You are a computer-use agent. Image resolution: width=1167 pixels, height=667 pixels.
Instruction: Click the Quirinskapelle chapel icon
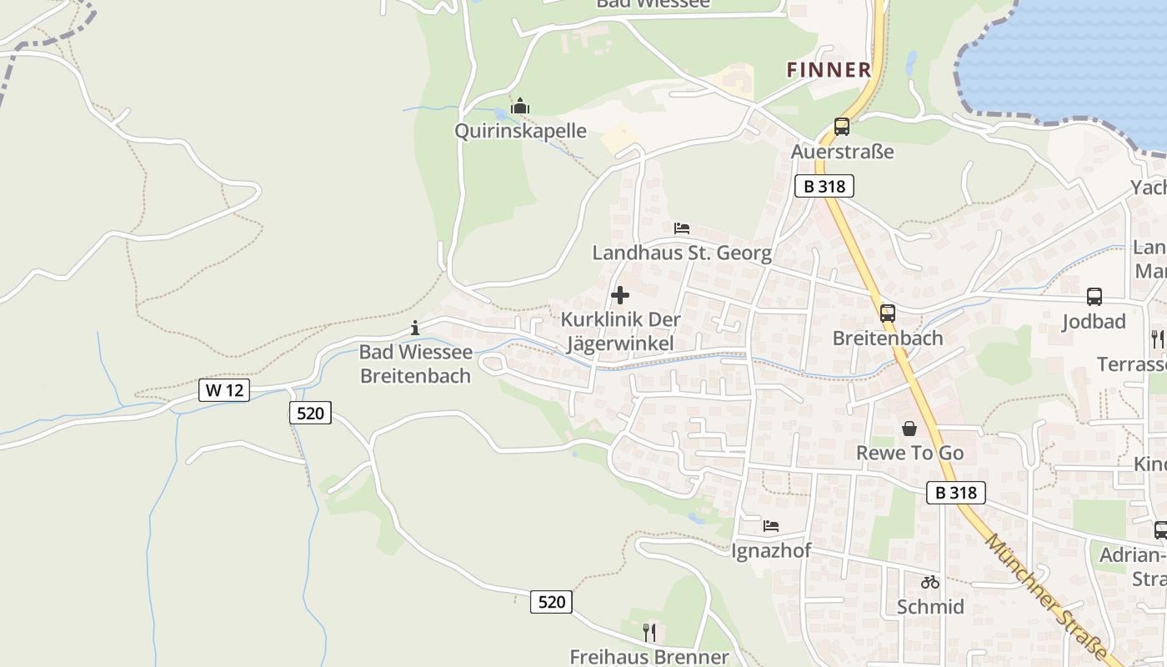[520, 107]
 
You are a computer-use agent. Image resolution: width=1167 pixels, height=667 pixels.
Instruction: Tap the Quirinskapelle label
[520, 131]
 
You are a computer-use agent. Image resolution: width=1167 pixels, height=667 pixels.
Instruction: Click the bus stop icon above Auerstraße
[842, 127]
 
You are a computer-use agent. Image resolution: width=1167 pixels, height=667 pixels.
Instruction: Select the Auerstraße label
[842, 152]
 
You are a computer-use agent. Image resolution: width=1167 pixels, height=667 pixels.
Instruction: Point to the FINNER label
[829, 70]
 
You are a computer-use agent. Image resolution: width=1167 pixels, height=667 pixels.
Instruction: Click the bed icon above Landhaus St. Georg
[682, 228]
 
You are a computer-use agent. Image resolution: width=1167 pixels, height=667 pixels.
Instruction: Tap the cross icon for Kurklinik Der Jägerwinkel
[620, 295]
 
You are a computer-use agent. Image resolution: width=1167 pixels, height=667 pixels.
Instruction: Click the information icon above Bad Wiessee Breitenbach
[415, 328]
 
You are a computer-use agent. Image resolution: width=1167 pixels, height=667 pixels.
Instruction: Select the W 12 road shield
[224, 389]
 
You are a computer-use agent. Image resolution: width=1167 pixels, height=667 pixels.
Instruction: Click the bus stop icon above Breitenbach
[888, 313]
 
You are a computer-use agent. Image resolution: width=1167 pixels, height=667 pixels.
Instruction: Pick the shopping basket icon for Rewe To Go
[909, 429]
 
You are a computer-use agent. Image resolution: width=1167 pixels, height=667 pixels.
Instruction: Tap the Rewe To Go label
[909, 453]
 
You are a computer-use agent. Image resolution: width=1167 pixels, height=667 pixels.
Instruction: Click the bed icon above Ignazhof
[771, 526]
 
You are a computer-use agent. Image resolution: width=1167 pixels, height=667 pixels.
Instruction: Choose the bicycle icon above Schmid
[930, 582]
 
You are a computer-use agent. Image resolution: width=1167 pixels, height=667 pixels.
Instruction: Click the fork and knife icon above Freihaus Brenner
[649, 633]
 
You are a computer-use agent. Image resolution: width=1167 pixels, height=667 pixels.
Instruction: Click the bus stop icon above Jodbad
[1094, 297]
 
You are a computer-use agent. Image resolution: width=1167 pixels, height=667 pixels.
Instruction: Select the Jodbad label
[1094, 322]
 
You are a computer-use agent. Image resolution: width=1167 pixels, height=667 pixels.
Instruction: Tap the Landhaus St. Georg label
[682, 253]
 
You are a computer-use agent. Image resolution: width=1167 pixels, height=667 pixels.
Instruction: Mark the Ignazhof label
[771, 551]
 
